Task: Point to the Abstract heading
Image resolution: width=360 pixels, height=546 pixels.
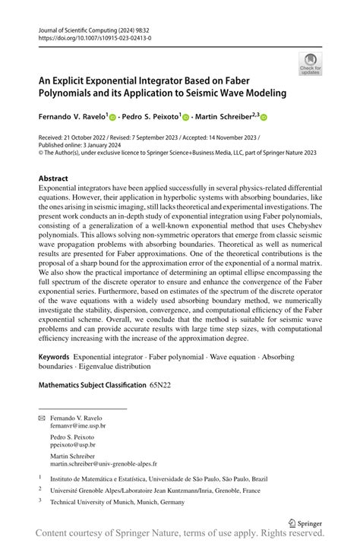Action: coord(53,179)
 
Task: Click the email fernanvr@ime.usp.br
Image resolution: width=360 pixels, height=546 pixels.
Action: coord(79,427)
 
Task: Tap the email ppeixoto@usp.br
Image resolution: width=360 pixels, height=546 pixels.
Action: coord(74,447)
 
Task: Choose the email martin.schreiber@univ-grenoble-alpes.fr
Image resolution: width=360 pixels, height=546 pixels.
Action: coord(103,462)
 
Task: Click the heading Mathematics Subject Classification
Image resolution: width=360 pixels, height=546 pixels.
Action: coord(92,385)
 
